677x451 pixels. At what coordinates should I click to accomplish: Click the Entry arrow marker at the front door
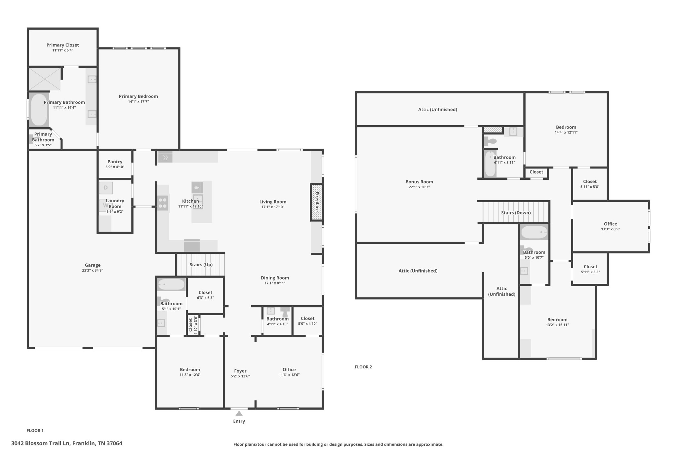point(239,413)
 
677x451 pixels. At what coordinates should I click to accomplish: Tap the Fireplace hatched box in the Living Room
point(316,202)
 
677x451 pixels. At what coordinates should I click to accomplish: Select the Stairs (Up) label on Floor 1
point(201,265)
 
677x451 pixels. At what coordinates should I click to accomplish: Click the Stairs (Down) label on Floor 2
point(516,213)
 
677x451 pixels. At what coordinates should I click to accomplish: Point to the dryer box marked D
point(106,188)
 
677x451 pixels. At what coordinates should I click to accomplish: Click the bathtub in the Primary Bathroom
point(39,110)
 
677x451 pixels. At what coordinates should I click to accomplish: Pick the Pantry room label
point(115,162)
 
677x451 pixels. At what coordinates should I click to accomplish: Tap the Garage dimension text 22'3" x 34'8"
point(93,270)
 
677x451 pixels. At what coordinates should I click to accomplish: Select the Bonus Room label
point(419,182)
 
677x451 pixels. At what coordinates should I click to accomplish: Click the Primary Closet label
point(63,45)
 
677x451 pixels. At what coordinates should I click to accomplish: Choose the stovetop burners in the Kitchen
point(163,203)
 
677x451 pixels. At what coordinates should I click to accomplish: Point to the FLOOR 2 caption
point(363,367)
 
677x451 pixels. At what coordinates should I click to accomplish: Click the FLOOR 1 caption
point(35,431)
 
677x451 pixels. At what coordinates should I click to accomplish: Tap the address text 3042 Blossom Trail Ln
point(41,443)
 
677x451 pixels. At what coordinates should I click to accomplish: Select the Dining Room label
point(275,278)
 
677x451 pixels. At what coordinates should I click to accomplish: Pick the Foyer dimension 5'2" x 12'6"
point(240,376)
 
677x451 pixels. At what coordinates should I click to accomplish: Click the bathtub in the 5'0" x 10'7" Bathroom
point(534,232)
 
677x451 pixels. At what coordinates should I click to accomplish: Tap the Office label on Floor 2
point(611,224)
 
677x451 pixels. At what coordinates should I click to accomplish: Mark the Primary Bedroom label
point(139,96)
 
